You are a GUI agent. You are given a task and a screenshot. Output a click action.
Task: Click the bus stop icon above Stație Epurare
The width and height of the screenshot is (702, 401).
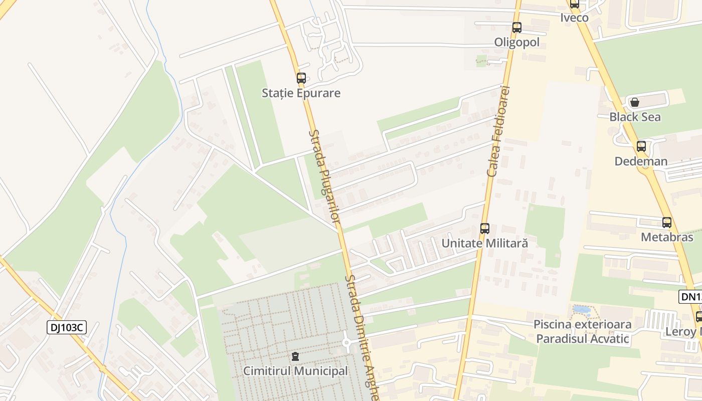[x=301, y=78]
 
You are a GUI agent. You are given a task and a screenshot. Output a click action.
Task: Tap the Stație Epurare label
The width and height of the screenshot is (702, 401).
[x=301, y=93]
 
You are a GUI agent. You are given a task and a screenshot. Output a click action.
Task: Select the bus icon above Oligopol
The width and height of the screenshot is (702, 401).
[x=517, y=28]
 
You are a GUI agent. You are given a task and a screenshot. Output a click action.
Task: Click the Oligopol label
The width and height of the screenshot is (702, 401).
[x=517, y=43]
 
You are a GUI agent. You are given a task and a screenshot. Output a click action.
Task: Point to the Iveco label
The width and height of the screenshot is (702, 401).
[x=575, y=18]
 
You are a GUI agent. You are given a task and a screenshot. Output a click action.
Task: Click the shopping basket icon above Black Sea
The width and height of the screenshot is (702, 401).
[x=635, y=102]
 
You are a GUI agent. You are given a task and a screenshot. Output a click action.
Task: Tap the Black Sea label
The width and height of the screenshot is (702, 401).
[x=635, y=117]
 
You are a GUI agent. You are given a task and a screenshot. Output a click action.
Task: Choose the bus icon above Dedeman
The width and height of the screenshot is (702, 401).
[x=641, y=146]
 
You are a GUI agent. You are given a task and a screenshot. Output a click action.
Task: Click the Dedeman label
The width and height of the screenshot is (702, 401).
[x=641, y=161]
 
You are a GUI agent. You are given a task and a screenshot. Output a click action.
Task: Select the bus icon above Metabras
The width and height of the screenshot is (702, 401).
[x=667, y=223]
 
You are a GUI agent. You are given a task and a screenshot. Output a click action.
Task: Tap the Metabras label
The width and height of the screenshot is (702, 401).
[x=667, y=237]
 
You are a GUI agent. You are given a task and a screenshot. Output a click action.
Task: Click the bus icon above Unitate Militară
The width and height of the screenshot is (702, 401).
[x=484, y=229]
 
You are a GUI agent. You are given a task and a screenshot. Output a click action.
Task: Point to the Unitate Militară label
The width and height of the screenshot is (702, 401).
[x=484, y=244]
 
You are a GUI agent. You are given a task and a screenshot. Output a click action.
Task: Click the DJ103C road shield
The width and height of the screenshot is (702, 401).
[x=67, y=328]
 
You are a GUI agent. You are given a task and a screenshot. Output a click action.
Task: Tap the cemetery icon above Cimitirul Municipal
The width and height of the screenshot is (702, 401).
[x=295, y=356]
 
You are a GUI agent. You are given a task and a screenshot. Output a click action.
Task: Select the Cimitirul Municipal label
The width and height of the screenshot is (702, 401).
[x=295, y=371]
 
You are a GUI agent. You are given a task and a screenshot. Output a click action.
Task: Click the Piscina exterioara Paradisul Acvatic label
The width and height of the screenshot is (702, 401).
[x=582, y=332]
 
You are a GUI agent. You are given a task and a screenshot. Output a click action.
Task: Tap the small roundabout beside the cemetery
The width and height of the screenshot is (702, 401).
[x=346, y=343]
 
